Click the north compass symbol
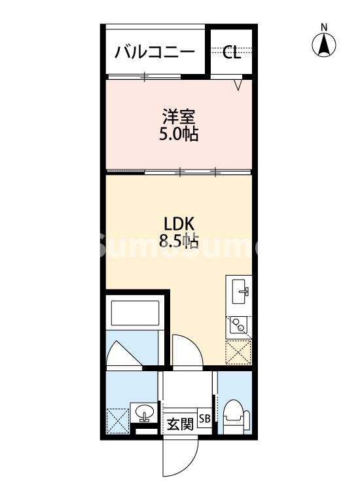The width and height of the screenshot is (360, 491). click(323, 45)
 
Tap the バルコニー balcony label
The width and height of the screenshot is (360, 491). click(154, 52)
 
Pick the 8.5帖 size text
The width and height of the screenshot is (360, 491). click(177, 240)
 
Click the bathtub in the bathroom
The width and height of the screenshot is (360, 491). click(135, 313)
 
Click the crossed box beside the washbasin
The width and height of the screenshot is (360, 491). click(118, 420)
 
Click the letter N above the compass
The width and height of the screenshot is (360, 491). click(323, 27)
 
